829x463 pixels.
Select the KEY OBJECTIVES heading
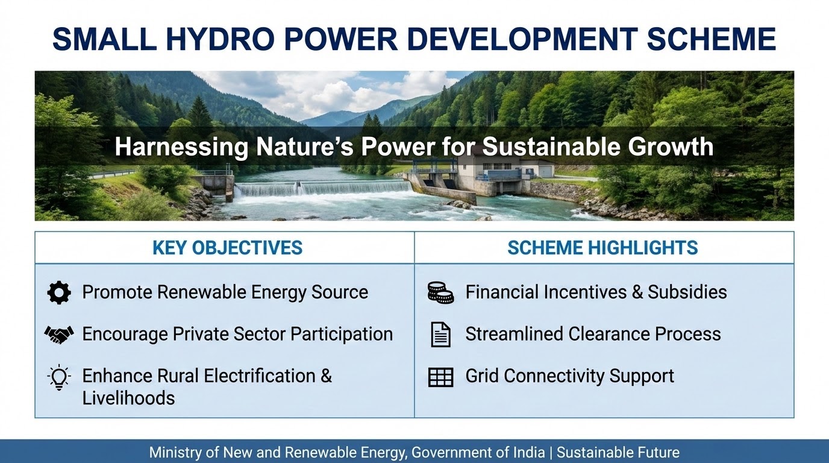[227, 248]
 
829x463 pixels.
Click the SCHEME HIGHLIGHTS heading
[602, 248]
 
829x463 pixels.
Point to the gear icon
[59, 292]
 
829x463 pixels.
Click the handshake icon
[59, 335]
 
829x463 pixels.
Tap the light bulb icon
[59, 377]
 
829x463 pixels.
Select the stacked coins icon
[440, 292]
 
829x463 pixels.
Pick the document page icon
[441, 335]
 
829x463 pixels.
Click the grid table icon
[440, 377]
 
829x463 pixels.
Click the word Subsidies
[687, 292]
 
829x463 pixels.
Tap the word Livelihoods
[128, 398]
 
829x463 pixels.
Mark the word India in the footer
[529, 453]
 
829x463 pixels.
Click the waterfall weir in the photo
[322, 189]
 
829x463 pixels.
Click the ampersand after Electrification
[326, 376]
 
